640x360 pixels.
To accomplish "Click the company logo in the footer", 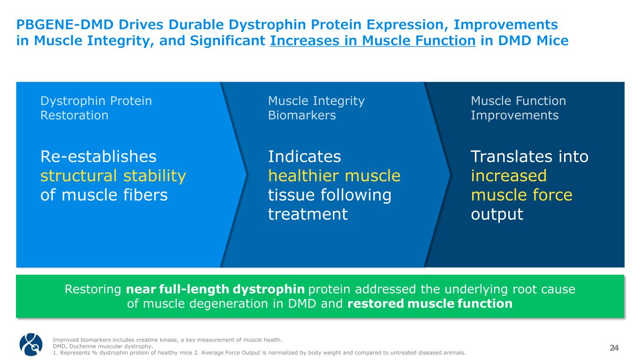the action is [31, 344].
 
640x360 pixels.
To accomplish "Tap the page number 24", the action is [614, 348].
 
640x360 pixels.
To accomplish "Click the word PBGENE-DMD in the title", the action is [65, 24].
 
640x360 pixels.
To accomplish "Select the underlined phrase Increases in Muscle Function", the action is [373, 41].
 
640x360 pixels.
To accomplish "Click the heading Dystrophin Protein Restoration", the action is [96, 108].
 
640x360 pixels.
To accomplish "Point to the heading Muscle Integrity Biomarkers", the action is [316, 108].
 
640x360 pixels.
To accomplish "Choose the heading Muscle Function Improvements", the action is [518, 108].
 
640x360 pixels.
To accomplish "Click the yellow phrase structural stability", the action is [113, 176].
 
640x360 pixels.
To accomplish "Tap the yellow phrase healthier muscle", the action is [334, 175].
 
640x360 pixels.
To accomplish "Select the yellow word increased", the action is [509, 175].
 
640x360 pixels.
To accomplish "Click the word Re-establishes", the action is [98, 157].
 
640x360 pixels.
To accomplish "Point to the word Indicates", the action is [305, 157].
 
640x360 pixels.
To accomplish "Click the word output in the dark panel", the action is [497, 214].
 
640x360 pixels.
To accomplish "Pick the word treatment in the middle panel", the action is [308, 214].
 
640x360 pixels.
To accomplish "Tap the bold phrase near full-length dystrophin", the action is [215, 289].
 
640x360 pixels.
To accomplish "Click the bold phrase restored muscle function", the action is [430, 303].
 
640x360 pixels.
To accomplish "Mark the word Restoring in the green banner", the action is [93, 289].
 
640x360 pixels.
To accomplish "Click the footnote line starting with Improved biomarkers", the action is [167, 340].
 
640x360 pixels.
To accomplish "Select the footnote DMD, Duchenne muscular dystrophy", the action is [103, 346].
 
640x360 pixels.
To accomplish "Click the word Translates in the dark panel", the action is [510, 157].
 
